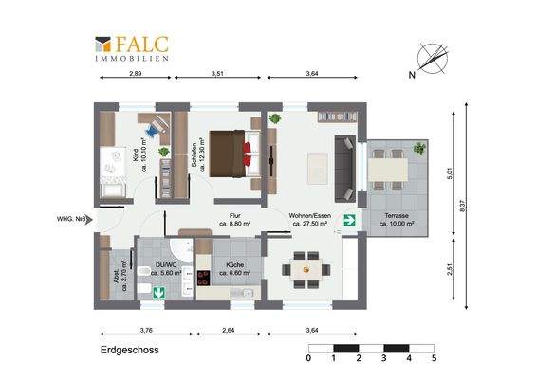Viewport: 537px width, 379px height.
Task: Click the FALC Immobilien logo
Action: click(x=132, y=48)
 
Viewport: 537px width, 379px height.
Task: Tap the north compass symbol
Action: click(x=428, y=58)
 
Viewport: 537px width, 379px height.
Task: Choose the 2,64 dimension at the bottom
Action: click(x=227, y=330)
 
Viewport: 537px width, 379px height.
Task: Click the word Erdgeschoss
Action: click(x=129, y=350)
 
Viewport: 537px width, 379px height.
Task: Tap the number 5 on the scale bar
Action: click(x=433, y=360)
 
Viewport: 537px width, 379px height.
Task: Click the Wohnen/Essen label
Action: click(x=308, y=220)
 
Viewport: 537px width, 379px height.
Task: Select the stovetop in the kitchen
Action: click(x=202, y=276)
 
